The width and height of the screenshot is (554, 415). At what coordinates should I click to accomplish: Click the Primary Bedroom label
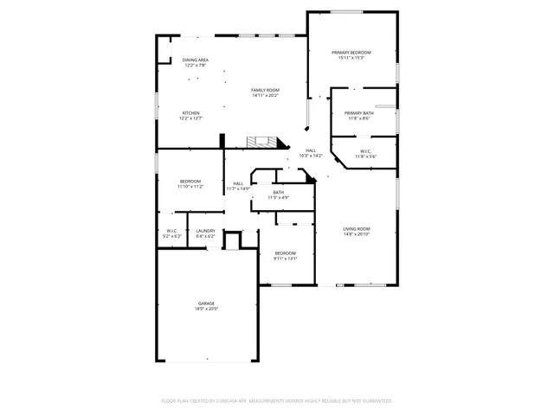[x=351, y=53]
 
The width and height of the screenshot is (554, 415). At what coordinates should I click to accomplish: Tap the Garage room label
[x=206, y=303]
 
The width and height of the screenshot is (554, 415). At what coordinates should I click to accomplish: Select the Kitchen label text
[x=190, y=113]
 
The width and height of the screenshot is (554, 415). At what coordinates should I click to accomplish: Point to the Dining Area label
[x=195, y=60]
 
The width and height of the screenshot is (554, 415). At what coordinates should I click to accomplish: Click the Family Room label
[x=265, y=90]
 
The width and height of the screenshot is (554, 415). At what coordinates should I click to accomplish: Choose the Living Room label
[x=356, y=229]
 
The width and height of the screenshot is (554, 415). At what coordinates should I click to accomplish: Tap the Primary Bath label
[x=358, y=113]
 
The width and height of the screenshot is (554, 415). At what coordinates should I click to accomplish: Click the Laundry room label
[x=205, y=231]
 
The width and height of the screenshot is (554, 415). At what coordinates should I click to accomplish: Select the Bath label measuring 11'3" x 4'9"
[x=278, y=192]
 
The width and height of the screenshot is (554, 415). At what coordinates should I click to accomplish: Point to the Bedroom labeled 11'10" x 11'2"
[x=190, y=181]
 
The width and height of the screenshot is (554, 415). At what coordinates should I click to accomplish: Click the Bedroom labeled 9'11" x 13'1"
[x=286, y=253]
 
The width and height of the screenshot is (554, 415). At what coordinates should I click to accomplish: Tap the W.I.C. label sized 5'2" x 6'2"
[x=172, y=231]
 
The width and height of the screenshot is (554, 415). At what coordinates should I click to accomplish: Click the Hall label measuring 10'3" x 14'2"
[x=310, y=150]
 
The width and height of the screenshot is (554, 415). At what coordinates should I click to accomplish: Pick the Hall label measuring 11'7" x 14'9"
[x=238, y=183]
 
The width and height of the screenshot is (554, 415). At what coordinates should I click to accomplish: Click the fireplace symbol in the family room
[x=261, y=141]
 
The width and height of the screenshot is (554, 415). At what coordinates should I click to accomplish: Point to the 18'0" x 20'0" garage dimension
[x=206, y=308]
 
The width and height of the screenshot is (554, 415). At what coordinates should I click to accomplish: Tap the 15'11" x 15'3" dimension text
[x=351, y=58]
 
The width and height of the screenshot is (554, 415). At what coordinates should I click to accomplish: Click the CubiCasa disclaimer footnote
[x=277, y=400]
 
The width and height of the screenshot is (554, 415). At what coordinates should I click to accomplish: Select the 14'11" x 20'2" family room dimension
[x=265, y=95]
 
